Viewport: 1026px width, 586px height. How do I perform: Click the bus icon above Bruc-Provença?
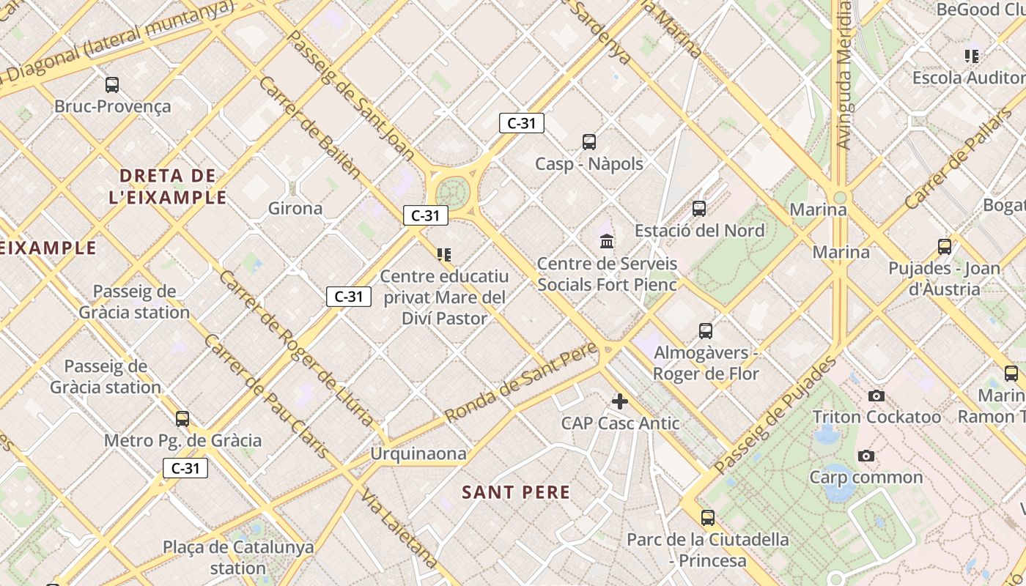coord(112,85)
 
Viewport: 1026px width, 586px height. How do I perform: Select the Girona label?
coord(295,208)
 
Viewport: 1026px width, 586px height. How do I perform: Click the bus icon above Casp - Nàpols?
coord(589,142)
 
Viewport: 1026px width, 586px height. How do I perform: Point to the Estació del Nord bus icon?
coord(699,209)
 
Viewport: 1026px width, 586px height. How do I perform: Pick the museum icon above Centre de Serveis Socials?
coord(607,241)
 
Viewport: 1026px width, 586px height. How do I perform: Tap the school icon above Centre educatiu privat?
coord(444,255)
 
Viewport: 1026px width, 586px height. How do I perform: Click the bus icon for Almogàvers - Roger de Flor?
coord(706,331)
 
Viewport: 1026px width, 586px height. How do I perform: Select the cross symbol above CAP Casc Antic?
coord(620,401)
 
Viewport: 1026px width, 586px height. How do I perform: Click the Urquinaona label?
coord(418,453)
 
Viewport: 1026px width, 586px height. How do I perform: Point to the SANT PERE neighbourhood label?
coord(516,492)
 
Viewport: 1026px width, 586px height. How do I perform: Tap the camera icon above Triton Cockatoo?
coord(876,396)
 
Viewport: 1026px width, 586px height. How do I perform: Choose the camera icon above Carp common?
coord(866,456)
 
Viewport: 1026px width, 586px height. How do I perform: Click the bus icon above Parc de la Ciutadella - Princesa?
coord(708,518)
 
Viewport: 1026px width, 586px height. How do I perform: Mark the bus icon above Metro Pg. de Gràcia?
coord(182,419)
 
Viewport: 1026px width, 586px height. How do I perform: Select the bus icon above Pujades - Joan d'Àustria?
coord(945,247)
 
